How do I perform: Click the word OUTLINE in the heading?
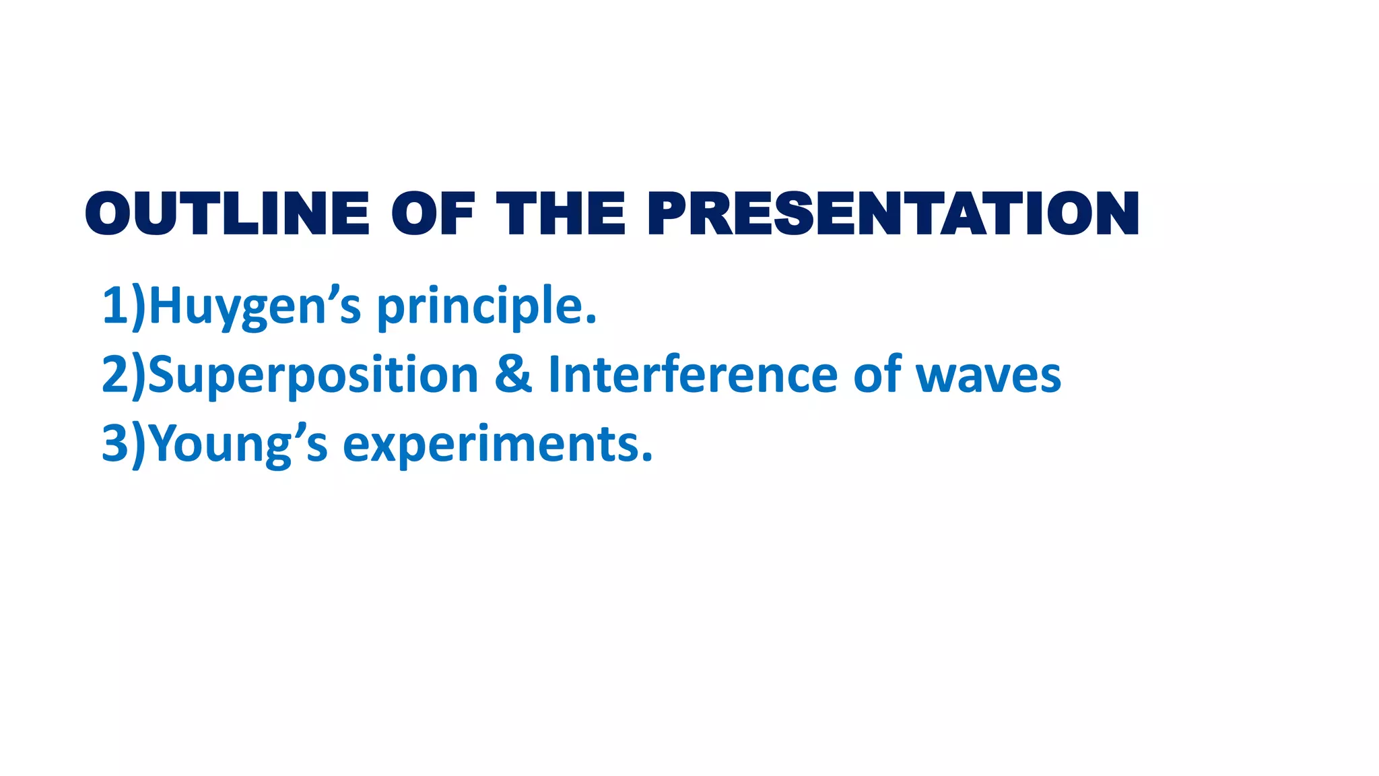click(x=227, y=214)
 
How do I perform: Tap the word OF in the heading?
click(x=433, y=214)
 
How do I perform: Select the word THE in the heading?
click(x=561, y=214)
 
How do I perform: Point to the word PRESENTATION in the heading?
click(x=893, y=214)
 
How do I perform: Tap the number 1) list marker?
click(x=123, y=306)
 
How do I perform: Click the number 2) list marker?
click(x=123, y=375)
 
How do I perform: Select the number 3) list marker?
click(x=123, y=445)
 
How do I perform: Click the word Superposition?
click(x=312, y=375)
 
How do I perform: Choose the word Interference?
click(x=693, y=375)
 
